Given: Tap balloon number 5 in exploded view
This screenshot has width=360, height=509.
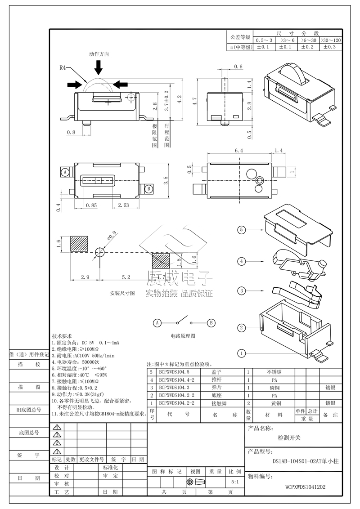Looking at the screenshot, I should click(242, 230).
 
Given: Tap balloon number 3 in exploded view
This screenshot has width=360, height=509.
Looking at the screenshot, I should click(242, 291).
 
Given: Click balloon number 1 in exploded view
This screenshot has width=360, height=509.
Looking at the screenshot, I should click(242, 353).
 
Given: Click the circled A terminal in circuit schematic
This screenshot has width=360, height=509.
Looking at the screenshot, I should click(157, 323).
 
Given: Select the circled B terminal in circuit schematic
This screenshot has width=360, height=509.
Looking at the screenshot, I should click(210, 323).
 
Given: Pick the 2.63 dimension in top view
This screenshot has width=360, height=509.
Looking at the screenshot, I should click(123, 205).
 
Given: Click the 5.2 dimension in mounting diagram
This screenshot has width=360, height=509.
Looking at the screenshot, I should click(126, 277).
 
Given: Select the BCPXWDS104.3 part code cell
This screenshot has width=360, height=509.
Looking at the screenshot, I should click(174, 388).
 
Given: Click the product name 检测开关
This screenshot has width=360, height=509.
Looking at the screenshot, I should click(288, 438).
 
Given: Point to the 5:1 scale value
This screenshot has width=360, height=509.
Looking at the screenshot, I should click(235, 482).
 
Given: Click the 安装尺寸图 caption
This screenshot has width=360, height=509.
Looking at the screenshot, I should click(122, 293).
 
